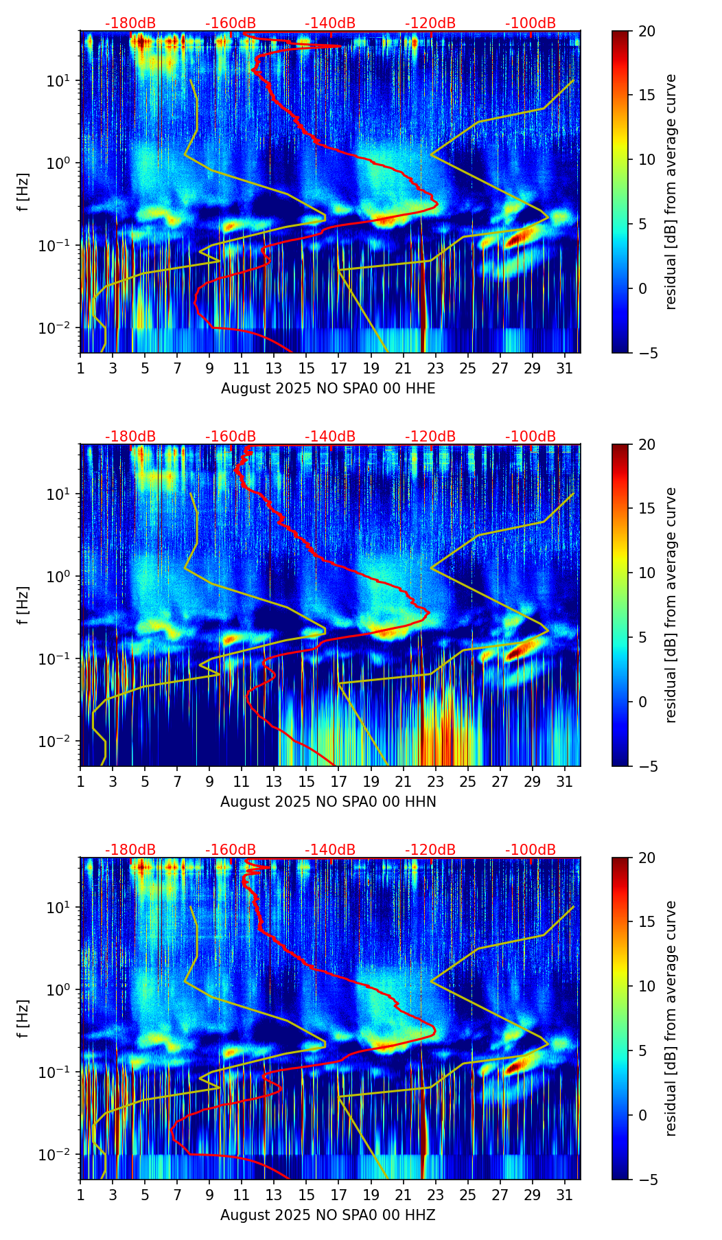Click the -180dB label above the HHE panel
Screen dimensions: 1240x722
tap(130, 23)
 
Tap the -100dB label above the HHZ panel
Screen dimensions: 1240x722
tap(531, 850)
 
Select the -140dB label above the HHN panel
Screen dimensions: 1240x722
tap(330, 437)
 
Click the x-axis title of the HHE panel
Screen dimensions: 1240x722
tap(328, 389)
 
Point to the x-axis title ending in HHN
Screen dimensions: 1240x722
tap(328, 802)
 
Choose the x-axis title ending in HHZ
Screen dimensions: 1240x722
tap(328, 1215)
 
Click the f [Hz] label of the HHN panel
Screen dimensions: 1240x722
tap(23, 605)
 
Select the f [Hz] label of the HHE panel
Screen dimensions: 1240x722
tap(23, 192)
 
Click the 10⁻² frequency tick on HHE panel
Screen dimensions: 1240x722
tap(62, 328)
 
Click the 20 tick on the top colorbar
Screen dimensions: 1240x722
tap(646, 31)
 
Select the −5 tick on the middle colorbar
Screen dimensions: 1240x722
tap(646, 766)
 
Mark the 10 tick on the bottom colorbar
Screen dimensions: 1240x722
tap(646, 986)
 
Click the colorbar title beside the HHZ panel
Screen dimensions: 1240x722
tap(671, 1018)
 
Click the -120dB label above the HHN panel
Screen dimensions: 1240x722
tap(430, 437)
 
